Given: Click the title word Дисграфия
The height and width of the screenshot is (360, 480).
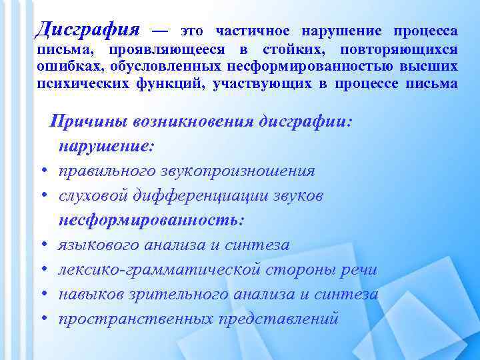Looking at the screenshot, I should (x=87, y=30).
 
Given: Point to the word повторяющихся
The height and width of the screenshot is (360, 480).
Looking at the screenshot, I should (x=399, y=50).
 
